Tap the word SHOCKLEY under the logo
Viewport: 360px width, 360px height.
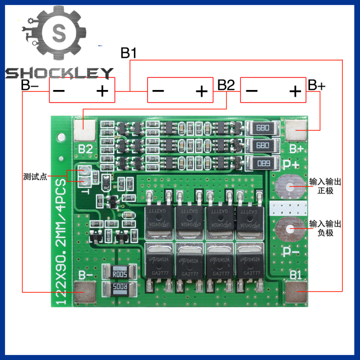tap(59, 74)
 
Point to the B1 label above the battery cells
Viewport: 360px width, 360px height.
tap(129, 53)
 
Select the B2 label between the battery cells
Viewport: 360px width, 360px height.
tap(226, 85)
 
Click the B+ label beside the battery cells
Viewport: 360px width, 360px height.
tap(316, 85)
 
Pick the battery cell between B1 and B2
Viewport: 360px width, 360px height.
tap(180, 90)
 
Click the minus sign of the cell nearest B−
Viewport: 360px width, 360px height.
tap(59, 91)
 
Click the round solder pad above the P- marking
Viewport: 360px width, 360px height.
tap(289, 229)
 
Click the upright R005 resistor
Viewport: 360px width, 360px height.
tap(119, 273)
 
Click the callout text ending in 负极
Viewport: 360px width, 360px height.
tap(325, 228)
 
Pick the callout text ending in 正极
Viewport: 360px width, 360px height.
tap(325, 186)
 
